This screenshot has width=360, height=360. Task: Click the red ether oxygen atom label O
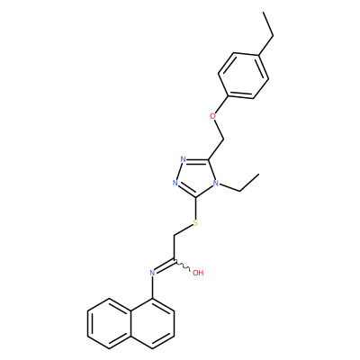213,116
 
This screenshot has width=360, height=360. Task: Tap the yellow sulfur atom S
195,223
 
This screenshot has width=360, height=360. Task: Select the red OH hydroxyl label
198,273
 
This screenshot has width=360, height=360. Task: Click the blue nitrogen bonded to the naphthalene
152,273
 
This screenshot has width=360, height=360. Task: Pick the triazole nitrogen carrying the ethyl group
215,183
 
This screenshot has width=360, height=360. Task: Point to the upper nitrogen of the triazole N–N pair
184,159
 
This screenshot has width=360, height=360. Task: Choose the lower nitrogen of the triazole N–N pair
175,183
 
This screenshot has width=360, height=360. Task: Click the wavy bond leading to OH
182,265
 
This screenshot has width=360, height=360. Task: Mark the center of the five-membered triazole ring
196,177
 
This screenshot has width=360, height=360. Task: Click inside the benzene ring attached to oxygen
244,76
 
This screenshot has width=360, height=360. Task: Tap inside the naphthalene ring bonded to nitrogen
152,324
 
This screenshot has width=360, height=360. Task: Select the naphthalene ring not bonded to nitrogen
109,324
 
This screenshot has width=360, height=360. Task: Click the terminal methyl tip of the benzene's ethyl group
264,13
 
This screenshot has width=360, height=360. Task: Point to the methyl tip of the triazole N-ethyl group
258,174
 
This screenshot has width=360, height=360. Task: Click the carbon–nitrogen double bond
165,265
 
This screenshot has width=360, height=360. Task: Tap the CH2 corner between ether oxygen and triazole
224,139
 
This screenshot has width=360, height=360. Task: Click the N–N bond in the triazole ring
180,171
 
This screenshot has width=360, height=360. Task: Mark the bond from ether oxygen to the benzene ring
222,104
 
